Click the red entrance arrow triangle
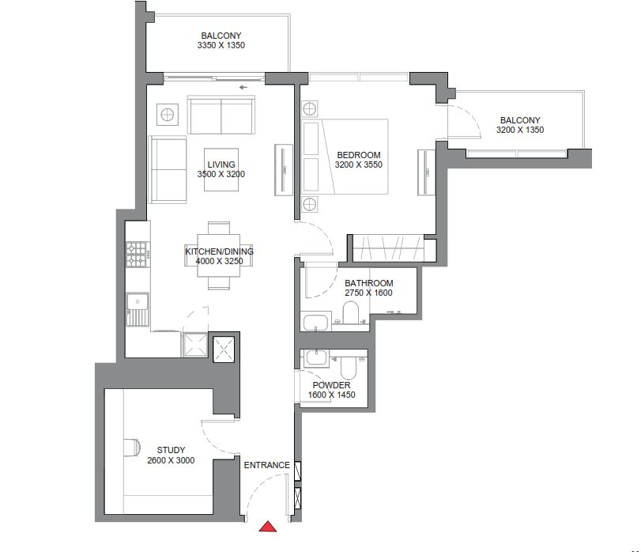pyautogui.click(x=269, y=527)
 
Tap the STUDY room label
pyautogui.click(x=171, y=451)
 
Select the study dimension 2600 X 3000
pyautogui.click(x=171, y=460)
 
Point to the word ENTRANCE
pyautogui.click(x=266, y=465)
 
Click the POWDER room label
pyautogui.click(x=331, y=385)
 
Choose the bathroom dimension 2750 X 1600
pyautogui.click(x=368, y=293)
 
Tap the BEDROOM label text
pyautogui.click(x=358, y=155)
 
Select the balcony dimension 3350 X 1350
pyautogui.click(x=221, y=46)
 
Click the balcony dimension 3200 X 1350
pyautogui.click(x=519, y=130)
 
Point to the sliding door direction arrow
pyautogui.click(x=243, y=87)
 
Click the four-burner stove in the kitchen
pyautogui.click(x=138, y=254)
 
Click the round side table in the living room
pyautogui.click(x=168, y=115)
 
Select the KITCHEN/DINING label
pyautogui.click(x=219, y=251)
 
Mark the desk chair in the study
pyautogui.click(x=133, y=448)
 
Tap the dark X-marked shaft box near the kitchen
pyautogui.click(x=224, y=347)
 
